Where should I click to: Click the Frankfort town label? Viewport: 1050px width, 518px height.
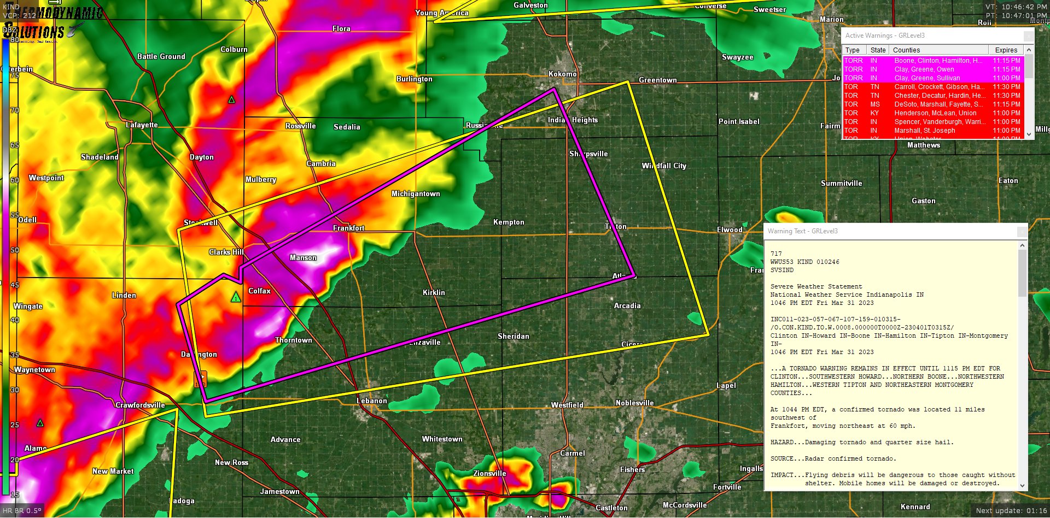[348, 228]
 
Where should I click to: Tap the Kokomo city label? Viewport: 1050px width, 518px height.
[562, 74]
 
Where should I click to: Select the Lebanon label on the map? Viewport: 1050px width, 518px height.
[371, 401]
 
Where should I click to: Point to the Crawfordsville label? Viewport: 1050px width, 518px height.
[140, 405]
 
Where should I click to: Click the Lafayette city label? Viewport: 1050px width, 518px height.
[142, 125]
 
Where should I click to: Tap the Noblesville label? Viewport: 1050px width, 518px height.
[634, 403]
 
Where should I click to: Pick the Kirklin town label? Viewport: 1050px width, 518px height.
[434, 292]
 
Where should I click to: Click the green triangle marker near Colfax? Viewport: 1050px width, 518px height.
[236, 297]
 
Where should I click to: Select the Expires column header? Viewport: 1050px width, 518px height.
[1006, 50]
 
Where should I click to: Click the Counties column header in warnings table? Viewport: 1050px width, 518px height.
[906, 50]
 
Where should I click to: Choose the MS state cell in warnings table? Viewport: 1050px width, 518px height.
[875, 104]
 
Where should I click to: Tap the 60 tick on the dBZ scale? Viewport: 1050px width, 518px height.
[15, 180]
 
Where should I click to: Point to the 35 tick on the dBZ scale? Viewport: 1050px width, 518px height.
[15, 355]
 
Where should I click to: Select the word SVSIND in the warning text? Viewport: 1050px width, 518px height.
[781, 270]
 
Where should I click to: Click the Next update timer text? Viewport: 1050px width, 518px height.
[1011, 510]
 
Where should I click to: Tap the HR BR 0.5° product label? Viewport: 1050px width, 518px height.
[22, 510]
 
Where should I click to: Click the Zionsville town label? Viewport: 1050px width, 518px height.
[489, 473]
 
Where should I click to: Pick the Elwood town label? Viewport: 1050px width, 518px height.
[730, 229]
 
